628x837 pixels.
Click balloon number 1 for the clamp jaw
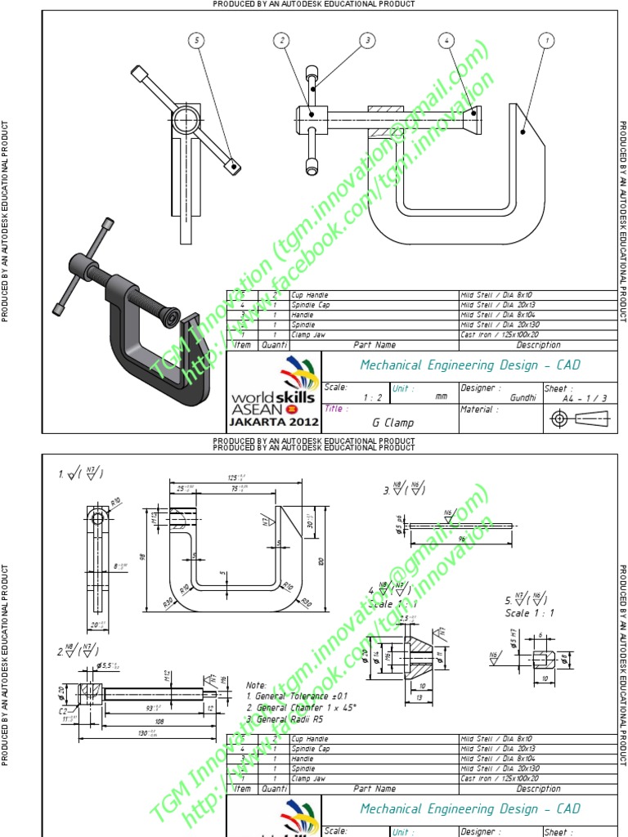(545, 39)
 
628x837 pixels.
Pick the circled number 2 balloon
(282, 39)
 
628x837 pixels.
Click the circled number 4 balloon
(446, 39)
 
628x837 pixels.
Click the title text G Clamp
(392, 423)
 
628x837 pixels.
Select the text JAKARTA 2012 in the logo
(273, 423)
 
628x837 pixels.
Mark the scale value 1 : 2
(373, 396)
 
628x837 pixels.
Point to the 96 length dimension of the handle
(461, 540)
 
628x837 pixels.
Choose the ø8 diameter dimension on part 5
(564, 658)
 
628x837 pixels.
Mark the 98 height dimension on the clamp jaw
(141, 557)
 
